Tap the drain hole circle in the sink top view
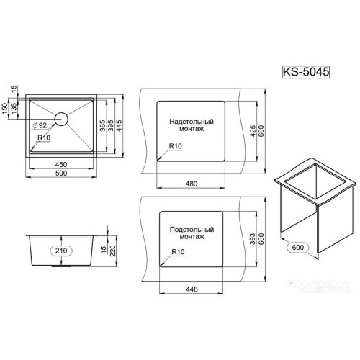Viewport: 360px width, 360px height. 59,118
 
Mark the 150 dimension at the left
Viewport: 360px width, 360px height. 7,108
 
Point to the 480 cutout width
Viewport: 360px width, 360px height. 192,183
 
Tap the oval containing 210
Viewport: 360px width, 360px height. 60,250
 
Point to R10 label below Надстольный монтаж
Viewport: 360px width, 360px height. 176,146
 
